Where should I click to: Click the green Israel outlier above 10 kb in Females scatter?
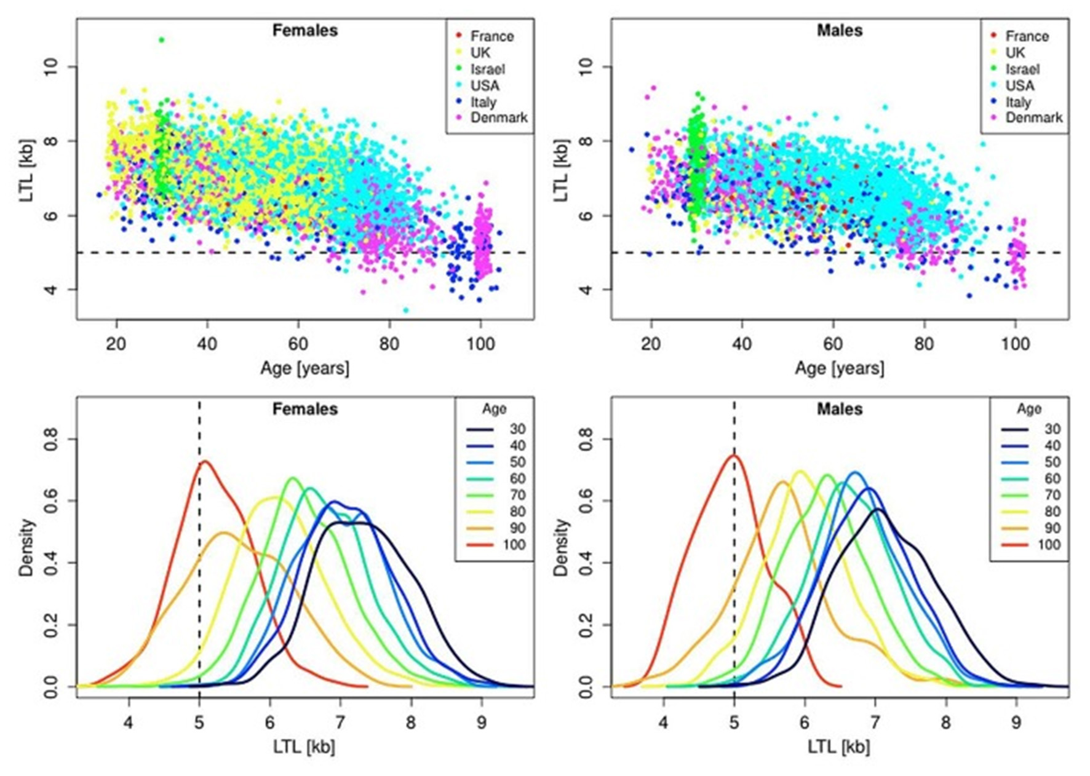[162, 40]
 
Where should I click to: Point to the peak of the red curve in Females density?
[204, 461]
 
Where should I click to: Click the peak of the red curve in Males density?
[733, 456]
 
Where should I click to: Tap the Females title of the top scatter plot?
[305, 30]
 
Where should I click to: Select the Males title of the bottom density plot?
[839, 409]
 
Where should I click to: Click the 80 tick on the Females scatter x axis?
[389, 344]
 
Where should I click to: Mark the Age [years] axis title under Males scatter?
[839, 368]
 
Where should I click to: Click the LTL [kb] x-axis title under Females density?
[304, 746]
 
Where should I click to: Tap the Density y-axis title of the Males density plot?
[560, 547]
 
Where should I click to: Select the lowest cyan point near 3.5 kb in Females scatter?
[405, 310]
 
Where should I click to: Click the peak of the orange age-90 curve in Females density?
[224, 533]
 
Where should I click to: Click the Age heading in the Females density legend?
[494, 409]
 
